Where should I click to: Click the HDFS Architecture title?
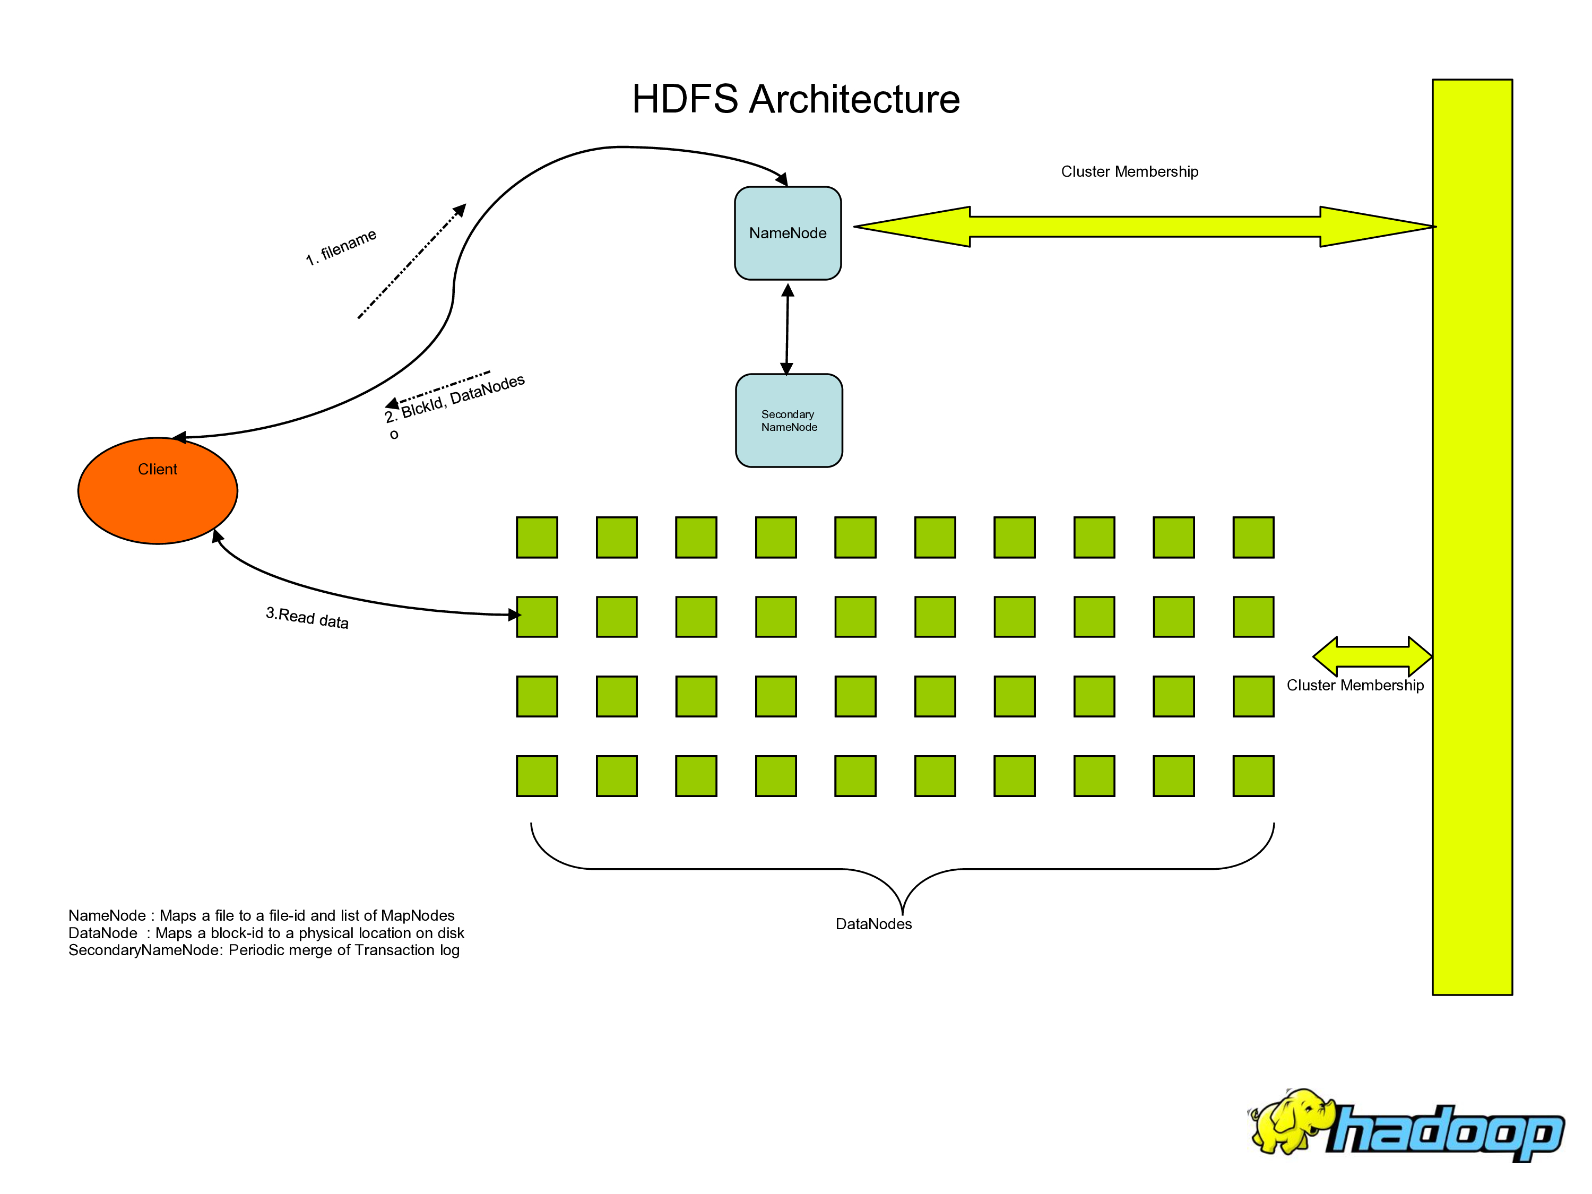(x=795, y=99)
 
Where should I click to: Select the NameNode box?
(x=788, y=233)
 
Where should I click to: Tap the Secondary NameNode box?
(x=789, y=420)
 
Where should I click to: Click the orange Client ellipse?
(x=158, y=491)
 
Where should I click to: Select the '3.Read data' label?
(x=307, y=618)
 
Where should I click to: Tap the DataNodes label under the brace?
(x=873, y=924)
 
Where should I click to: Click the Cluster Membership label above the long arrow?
(x=1129, y=171)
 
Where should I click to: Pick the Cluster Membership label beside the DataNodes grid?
(x=1354, y=685)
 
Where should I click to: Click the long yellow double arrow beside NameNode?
(x=1144, y=227)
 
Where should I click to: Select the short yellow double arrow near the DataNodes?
(x=1372, y=656)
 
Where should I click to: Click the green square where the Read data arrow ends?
(x=537, y=617)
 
